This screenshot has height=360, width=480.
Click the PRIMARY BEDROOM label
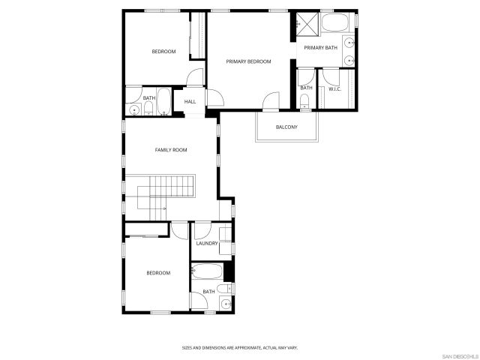click(x=248, y=61)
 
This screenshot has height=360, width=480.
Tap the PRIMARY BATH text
click(x=321, y=48)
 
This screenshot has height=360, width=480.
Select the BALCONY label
click(x=286, y=127)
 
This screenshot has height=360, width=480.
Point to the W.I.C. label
click(x=335, y=88)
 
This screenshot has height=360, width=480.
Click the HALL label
click(x=190, y=101)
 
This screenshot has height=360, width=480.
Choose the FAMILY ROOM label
click(x=171, y=150)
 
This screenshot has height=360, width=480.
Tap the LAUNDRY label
click(x=206, y=243)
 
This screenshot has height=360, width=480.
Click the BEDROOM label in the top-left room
click(x=163, y=51)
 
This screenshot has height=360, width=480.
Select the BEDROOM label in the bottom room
click(x=158, y=273)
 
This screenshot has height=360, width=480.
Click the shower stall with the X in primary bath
click(x=304, y=23)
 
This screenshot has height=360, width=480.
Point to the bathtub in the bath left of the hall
click(x=163, y=102)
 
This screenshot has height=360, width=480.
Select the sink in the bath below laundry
click(x=225, y=303)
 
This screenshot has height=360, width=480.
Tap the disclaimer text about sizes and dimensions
click(x=240, y=347)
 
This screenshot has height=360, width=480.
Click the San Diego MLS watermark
click(x=459, y=355)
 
